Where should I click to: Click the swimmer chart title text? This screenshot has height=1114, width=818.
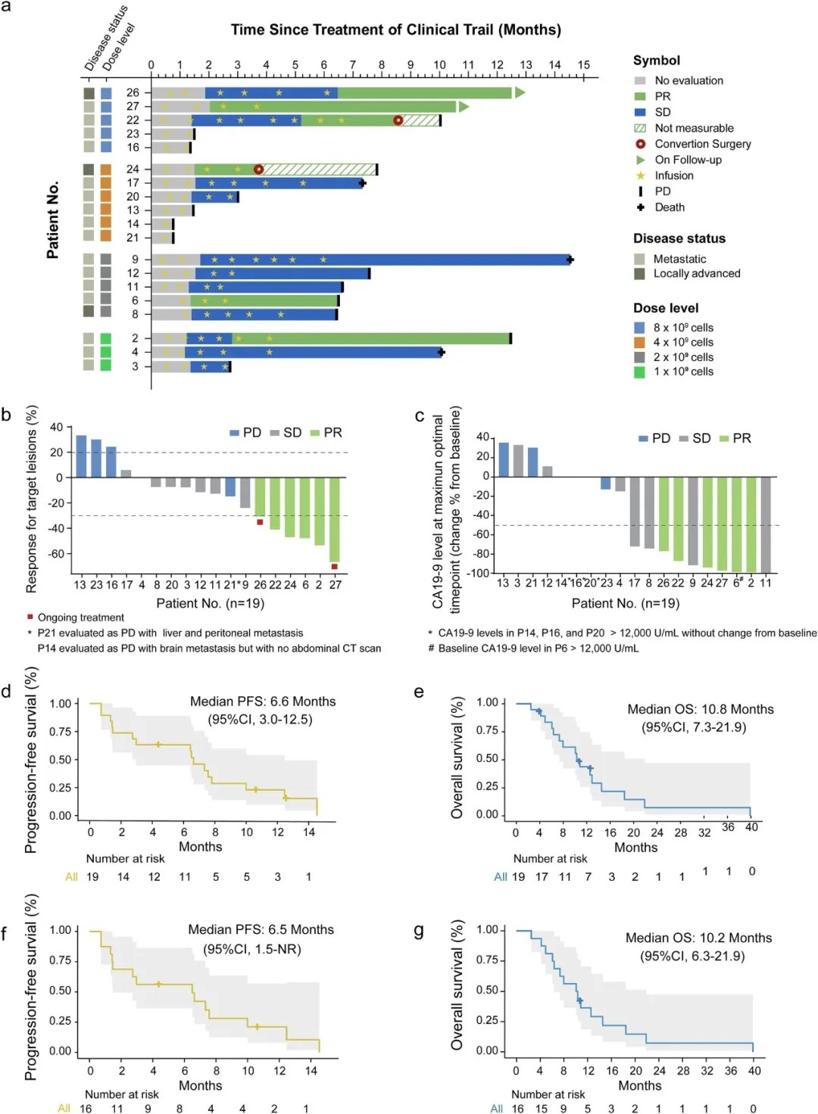[x=395, y=30]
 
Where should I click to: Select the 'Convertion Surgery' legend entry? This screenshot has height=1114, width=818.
[x=702, y=144]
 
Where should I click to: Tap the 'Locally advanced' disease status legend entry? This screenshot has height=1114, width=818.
[x=696, y=273]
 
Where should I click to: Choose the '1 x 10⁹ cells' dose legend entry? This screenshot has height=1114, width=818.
[x=682, y=372]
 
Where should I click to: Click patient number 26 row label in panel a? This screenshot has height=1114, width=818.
[x=133, y=92]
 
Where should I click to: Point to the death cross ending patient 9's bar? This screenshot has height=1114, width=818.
[x=570, y=260]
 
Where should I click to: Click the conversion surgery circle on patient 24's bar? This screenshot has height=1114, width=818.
[x=258, y=170]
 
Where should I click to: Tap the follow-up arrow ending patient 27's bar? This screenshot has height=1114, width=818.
[x=464, y=107]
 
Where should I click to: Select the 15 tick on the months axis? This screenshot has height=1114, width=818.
[x=583, y=66]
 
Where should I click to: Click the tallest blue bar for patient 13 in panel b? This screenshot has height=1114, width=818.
[x=81, y=456]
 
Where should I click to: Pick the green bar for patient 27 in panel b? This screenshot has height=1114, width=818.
[x=334, y=520]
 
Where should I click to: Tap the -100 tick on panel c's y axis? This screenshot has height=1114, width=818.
[x=479, y=573]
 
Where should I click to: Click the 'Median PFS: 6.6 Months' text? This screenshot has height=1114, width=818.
[x=263, y=702]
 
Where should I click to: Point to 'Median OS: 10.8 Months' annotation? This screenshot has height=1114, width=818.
[x=700, y=709]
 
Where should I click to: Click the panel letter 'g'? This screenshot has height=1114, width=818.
[x=418, y=930]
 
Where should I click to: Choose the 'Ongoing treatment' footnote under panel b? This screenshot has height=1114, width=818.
[x=80, y=618]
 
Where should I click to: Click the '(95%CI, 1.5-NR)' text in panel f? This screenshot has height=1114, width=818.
[x=252, y=949]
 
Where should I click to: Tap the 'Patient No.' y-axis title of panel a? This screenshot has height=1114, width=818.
[x=52, y=220]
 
